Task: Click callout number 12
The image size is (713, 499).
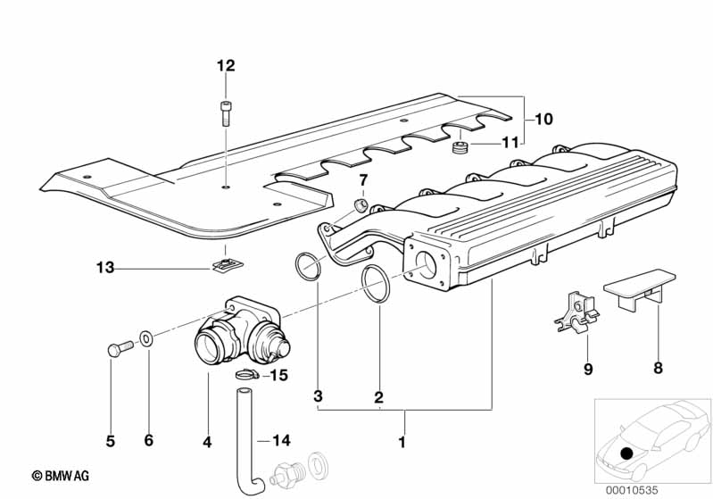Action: coord(225,65)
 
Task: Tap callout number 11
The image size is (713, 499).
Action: coord(509,142)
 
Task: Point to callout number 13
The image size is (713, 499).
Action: coord(105,267)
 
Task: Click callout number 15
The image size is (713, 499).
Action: coord(279,376)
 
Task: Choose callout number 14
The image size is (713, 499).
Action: coord(281,440)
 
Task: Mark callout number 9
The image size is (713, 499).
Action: coord(588,368)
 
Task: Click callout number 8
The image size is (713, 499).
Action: coord(658,368)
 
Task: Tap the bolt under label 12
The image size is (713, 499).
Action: coord(225,115)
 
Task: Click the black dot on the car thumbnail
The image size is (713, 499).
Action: coord(627,453)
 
